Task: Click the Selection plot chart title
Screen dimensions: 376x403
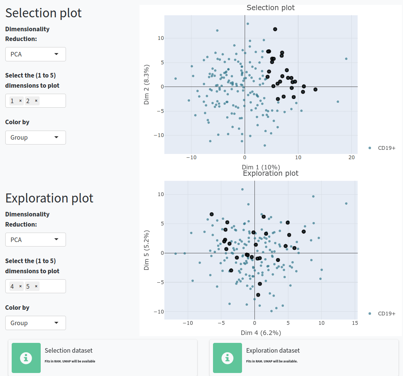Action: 270,8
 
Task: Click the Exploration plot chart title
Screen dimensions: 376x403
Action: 270,173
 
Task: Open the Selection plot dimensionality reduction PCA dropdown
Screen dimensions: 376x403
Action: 35,54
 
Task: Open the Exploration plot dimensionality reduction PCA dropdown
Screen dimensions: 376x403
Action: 35,239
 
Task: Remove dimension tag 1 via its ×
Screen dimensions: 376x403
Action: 20,101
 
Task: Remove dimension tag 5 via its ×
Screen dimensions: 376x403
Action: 36,286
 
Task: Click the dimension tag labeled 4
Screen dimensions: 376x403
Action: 12,286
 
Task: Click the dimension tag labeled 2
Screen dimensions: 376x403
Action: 28,101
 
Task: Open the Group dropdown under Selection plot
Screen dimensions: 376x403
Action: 35,137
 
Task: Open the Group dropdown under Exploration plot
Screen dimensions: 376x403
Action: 35,323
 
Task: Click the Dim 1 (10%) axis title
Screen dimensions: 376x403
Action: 261,167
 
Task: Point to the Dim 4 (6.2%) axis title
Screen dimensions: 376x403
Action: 261,333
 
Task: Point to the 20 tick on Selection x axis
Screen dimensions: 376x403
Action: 351,157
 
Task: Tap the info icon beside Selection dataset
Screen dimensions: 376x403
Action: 26,358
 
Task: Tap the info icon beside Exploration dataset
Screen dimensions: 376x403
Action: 227,358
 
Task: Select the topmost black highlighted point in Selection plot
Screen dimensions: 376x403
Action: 275,29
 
